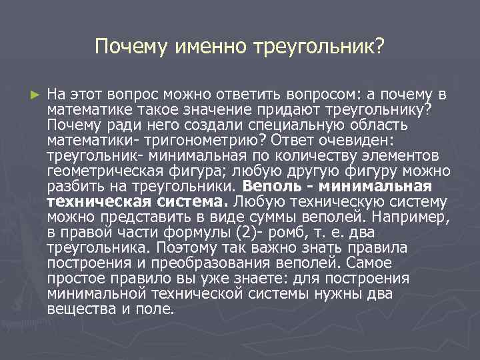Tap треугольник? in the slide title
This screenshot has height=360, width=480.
coord(319,47)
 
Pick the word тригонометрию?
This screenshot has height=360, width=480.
coord(203,139)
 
